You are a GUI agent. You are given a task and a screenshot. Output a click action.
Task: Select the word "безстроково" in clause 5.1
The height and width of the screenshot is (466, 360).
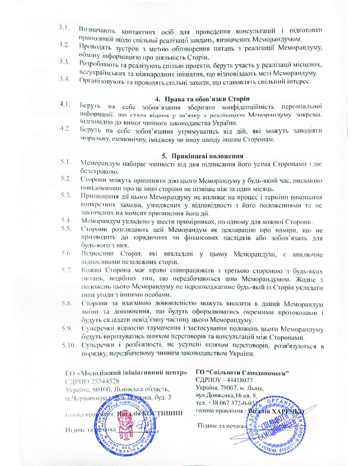[99, 169]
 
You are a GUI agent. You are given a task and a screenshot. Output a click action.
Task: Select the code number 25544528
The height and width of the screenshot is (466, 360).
[106, 381]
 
